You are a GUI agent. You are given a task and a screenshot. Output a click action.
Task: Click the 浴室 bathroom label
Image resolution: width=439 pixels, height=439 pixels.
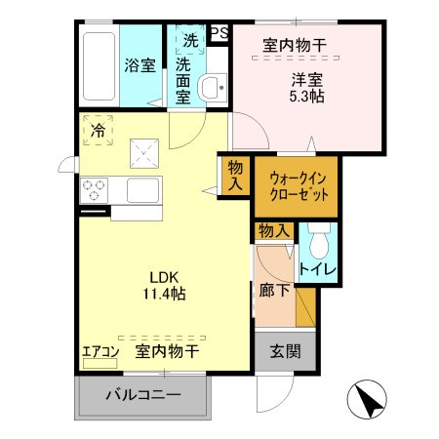(x=140, y=65)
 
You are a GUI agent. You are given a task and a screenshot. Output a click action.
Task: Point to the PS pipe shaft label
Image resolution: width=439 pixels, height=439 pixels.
(x=218, y=32)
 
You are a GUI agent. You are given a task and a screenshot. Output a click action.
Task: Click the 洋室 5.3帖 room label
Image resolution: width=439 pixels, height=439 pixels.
(x=306, y=88)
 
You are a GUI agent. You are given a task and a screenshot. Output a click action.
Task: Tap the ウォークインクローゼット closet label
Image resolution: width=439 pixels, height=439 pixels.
(x=298, y=185)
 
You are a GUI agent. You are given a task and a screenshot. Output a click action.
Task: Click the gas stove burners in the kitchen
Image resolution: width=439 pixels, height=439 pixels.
(x=95, y=188)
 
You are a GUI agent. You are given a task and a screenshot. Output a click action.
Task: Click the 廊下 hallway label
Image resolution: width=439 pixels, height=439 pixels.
(x=273, y=289)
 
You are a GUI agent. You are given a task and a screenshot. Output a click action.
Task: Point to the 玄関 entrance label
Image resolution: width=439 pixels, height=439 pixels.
(x=286, y=351)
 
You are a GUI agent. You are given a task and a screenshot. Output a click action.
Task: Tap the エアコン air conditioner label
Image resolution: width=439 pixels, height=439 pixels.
(x=100, y=351)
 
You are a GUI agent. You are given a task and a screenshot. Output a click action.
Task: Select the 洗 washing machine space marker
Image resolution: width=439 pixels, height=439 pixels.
(x=190, y=41)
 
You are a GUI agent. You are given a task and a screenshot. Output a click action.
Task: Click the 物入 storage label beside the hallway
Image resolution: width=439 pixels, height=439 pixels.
(x=274, y=231)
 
